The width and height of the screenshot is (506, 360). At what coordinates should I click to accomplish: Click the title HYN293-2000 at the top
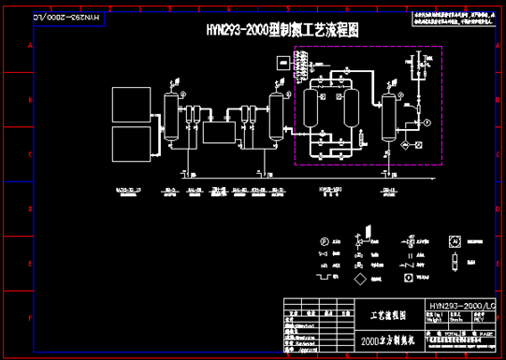click(282, 30)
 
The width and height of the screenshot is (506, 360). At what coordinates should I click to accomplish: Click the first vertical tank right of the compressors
click(172, 116)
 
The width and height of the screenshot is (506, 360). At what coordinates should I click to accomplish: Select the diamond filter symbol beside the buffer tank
click(403, 146)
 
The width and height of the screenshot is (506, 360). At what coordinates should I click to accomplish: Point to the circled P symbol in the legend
click(325, 242)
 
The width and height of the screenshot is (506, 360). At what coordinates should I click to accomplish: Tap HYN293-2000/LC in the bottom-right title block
click(461, 305)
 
